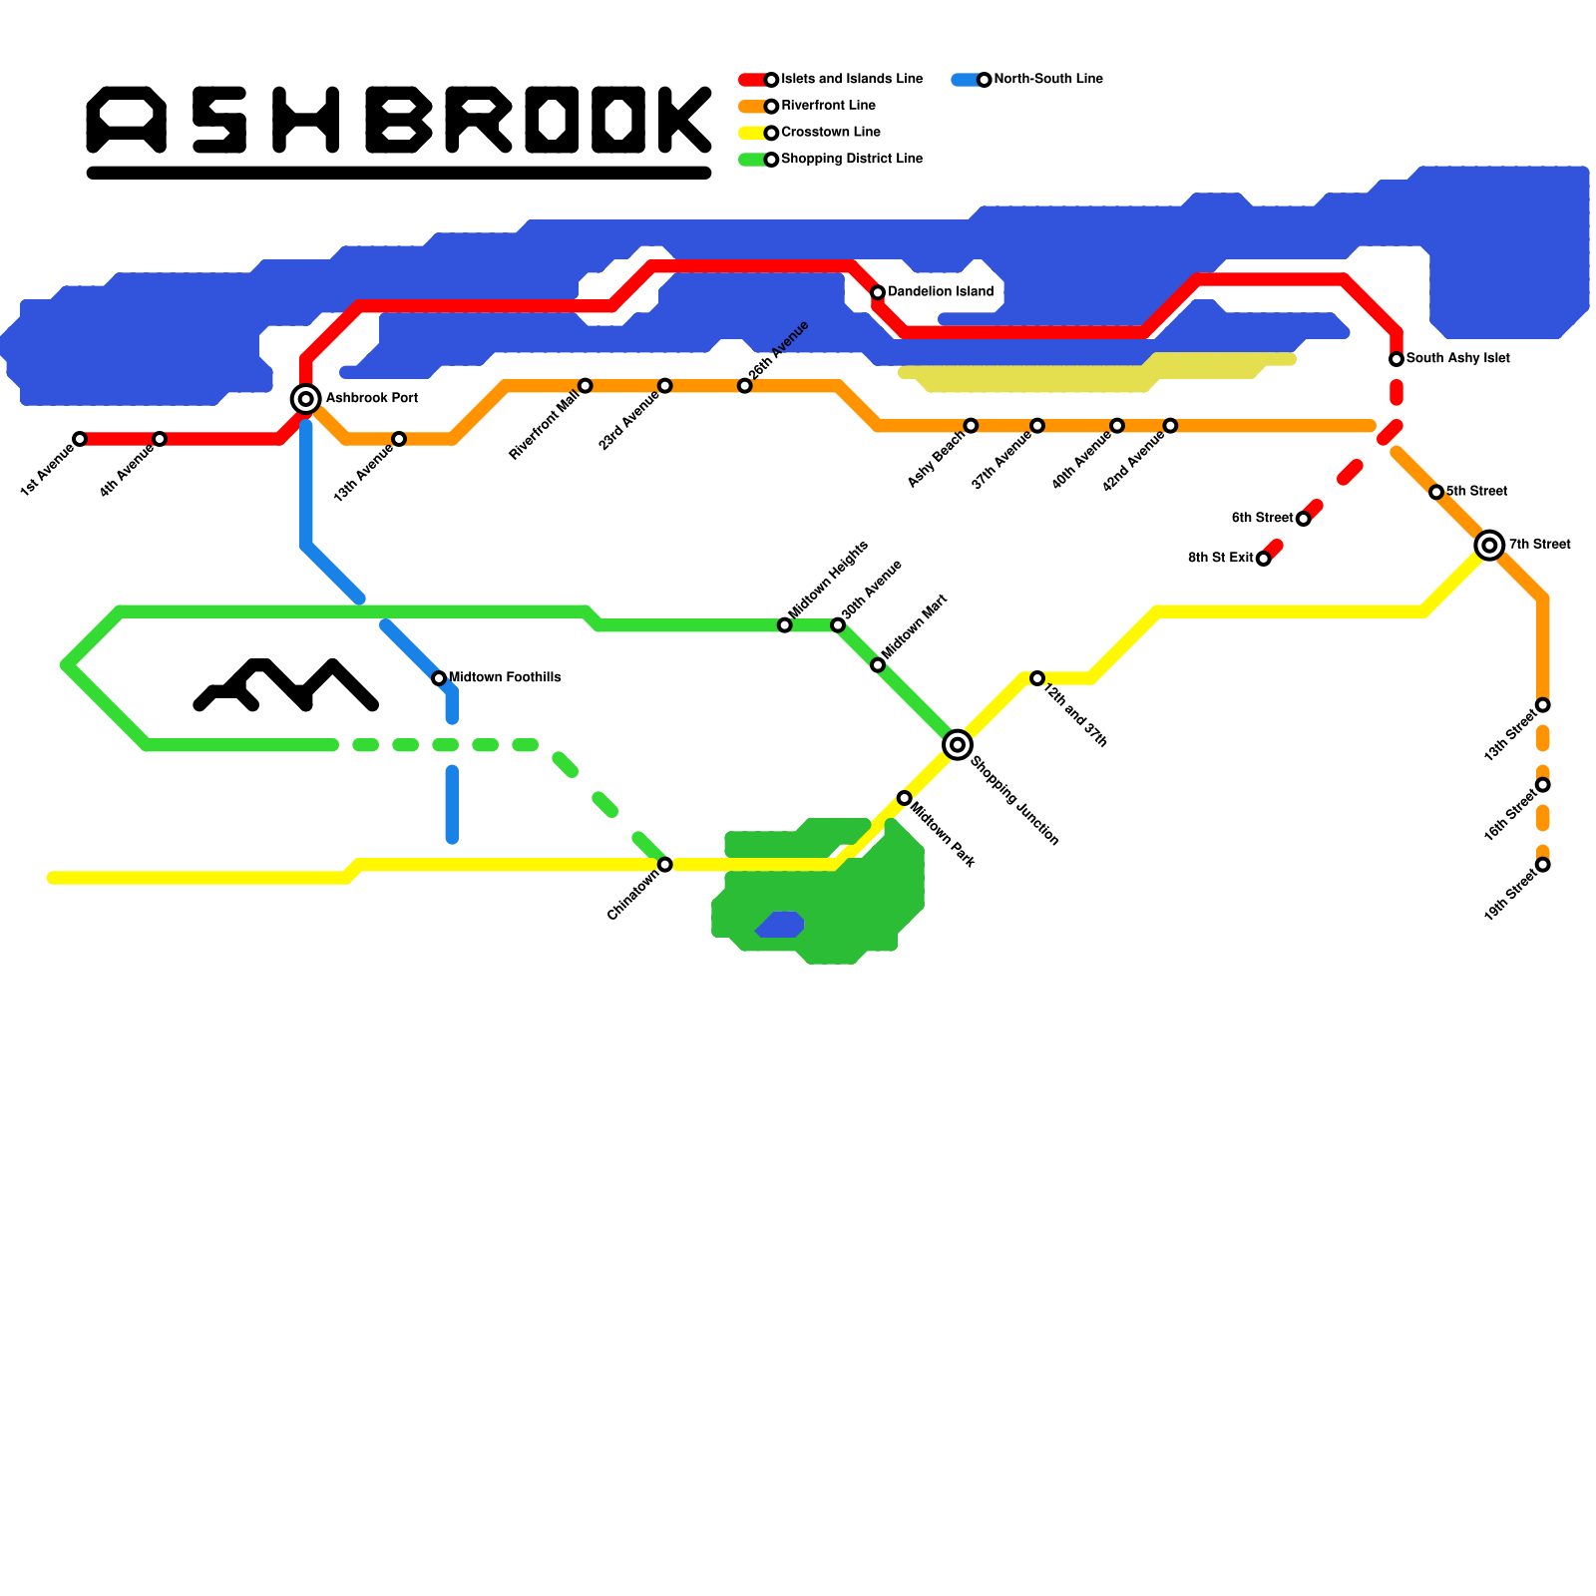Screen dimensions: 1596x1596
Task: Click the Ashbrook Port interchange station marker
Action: point(306,399)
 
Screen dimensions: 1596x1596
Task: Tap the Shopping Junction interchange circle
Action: point(958,744)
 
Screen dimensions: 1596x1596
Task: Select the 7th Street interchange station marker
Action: point(1490,545)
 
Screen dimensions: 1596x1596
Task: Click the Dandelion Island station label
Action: point(941,292)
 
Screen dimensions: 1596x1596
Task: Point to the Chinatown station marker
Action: point(665,865)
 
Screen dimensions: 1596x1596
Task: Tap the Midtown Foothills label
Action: point(505,678)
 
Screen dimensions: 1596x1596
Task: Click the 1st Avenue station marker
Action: point(80,439)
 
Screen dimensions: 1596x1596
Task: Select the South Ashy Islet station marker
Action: point(1396,359)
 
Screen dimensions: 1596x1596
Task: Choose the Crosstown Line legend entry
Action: point(831,133)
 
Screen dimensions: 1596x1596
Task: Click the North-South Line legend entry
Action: point(1048,80)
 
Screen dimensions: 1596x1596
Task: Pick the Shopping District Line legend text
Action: point(852,160)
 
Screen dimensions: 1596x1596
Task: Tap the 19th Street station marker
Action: point(1543,865)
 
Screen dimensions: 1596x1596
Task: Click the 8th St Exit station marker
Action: point(1263,559)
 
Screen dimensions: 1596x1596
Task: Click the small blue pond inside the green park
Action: point(781,925)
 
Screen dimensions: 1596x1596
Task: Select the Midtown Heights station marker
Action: point(785,625)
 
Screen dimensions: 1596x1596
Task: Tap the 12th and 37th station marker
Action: point(1037,678)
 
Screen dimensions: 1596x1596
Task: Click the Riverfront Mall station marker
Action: point(586,386)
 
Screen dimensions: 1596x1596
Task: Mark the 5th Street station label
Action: point(1477,492)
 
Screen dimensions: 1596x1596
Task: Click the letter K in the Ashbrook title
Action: point(685,120)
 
